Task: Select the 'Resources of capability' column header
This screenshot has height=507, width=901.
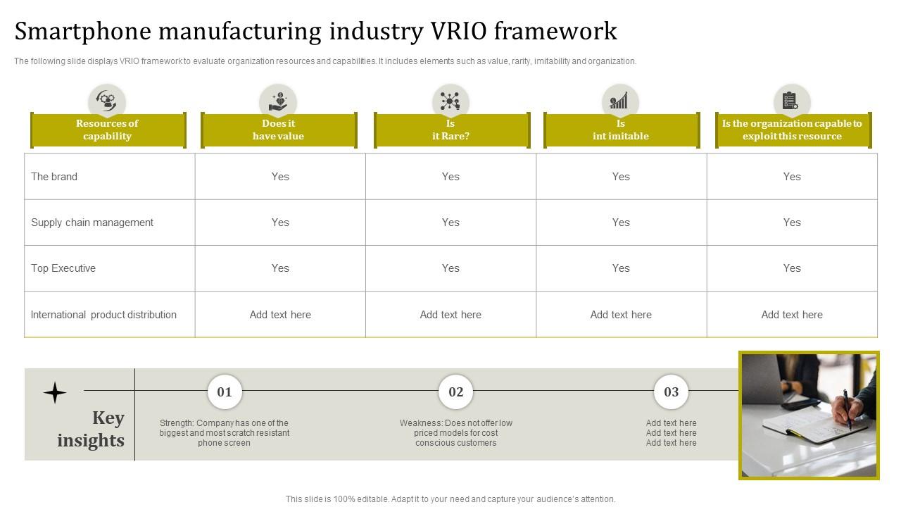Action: click(x=108, y=130)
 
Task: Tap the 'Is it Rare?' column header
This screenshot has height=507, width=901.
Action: click(x=450, y=130)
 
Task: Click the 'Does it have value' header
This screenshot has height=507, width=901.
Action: click(x=279, y=130)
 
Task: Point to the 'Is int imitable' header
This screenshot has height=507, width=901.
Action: click(x=621, y=130)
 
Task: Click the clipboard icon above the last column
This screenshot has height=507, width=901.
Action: click(x=791, y=101)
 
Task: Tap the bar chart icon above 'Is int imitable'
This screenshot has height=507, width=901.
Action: click(x=620, y=101)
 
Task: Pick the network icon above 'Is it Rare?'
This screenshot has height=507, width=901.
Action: click(x=450, y=101)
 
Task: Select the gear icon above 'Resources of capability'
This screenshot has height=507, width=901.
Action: click(x=107, y=101)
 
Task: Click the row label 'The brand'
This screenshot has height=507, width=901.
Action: click(x=54, y=177)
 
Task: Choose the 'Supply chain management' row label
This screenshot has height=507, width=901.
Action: click(x=92, y=223)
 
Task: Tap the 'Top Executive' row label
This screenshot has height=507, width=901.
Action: click(x=63, y=268)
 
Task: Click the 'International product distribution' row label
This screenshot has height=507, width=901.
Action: click(x=103, y=315)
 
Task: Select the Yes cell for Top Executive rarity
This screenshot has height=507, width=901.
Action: click(x=450, y=268)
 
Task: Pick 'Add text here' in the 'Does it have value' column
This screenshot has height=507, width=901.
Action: click(x=280, y=315)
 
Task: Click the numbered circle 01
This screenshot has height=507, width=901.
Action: click(x=225, y=392)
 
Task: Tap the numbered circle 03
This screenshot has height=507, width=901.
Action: click(x=671, y=392)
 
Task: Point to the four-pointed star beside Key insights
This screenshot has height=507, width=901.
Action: click(x=55, y=392)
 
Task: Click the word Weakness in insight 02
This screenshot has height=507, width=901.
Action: click(x=420, y=423)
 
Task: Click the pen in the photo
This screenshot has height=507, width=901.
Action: click(x=848, y=408)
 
